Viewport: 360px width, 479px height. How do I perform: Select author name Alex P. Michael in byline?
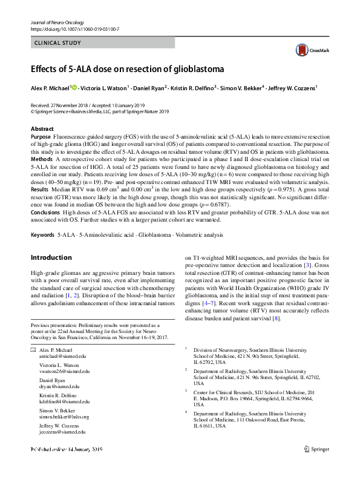point(50,88)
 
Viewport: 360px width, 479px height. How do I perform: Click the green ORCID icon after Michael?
point(74,88)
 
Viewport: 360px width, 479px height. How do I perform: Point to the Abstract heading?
point(42,129)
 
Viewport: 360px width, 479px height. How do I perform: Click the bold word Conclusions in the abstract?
point(45,213)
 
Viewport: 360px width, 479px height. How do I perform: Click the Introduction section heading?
point(51,257)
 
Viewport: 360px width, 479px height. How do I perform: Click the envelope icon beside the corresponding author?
point(33,351)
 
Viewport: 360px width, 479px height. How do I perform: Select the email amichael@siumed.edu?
point(62,358)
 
